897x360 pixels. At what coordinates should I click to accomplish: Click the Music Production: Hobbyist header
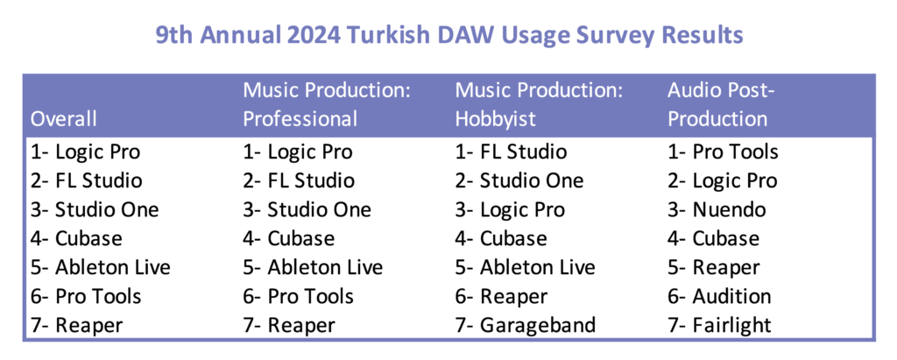coord(539,104)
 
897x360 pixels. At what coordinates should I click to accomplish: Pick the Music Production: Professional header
coord(327,104)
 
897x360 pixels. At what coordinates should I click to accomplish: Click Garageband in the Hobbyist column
coord(538,325)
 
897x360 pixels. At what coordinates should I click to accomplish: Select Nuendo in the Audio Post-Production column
coord(729,209)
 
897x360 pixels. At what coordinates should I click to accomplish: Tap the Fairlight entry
coord(731,325)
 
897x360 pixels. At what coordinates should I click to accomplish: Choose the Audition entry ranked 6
coord(731,296)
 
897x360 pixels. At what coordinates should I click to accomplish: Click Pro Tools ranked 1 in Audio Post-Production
coord(735,152)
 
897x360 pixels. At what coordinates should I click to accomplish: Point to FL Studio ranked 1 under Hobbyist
coord(524,152)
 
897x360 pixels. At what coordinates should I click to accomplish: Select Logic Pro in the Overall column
coord(97,152)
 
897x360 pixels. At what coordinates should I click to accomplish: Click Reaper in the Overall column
coord(88,326)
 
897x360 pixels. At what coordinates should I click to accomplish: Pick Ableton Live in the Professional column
coord(326,267)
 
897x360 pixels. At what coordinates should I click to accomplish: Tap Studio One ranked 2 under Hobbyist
coord(532,180)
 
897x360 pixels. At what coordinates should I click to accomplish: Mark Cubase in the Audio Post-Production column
coord(726,238)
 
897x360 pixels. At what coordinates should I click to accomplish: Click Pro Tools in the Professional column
coord(311,296)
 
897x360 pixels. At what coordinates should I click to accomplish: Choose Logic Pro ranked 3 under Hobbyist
coord(522,210)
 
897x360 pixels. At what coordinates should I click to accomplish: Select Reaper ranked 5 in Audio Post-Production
coord(726,268)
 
